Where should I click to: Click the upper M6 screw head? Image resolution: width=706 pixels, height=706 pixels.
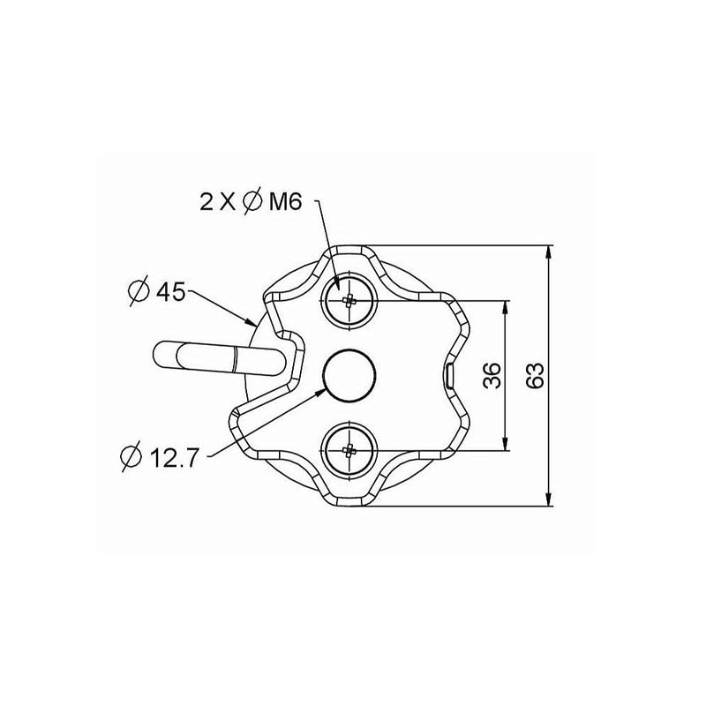pyautogui.click(x=349, y=300)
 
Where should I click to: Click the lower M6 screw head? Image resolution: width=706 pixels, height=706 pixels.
pyautogui.click(x=349, y=449)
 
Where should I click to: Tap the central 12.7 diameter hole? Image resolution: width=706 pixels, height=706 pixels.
pyautogui.click(x=349, y=374)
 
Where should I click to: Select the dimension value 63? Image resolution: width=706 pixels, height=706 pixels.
pyautogui.click(x=536, y=375)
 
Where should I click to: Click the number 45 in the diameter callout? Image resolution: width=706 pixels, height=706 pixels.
pyautogui.click(x=170, y=293)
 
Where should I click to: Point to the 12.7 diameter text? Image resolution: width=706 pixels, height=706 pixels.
pyautogui.click(x=173, y=459)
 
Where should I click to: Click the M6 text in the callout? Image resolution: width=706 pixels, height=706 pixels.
pyautogui.click(x=285, y=202)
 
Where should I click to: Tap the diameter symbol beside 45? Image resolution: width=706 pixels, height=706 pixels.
pyautogui.click(x=139, y=292)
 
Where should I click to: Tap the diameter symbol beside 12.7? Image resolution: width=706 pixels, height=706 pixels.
pyautogui.click(x=131, y=458)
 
